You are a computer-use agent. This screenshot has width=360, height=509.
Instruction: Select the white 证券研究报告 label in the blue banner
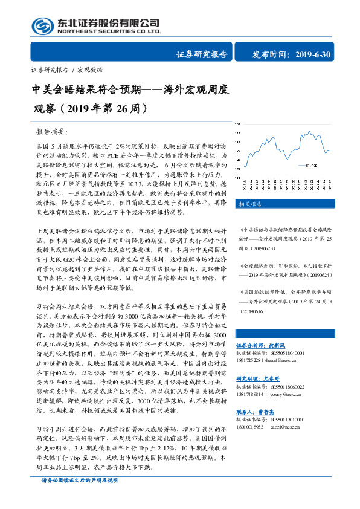tap(201, 54)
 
